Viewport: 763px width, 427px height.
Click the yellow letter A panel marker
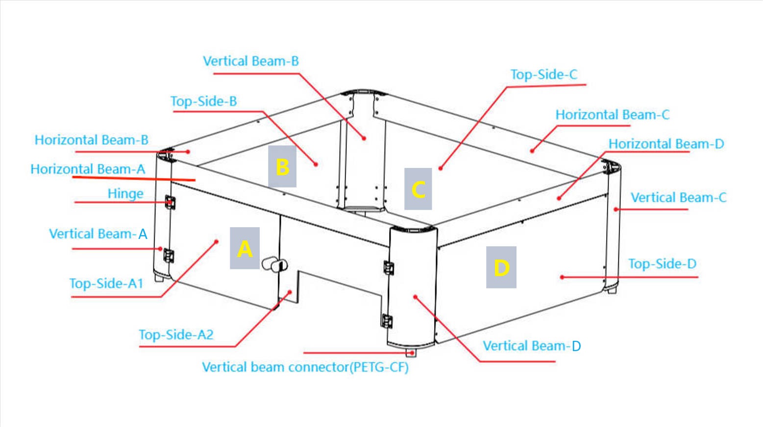245,248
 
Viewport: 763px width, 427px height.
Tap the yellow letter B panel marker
282,166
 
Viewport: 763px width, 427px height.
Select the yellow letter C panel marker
418,189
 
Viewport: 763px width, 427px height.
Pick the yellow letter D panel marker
501,267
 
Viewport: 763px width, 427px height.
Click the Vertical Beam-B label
250,61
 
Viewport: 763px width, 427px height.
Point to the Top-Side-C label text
543,74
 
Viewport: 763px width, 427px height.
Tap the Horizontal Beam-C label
612,115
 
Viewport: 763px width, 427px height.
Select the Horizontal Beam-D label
665,143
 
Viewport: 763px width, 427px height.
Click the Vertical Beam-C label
678,197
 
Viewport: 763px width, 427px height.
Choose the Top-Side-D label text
662,263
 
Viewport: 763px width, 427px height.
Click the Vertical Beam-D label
531,346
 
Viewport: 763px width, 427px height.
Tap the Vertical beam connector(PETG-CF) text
305,367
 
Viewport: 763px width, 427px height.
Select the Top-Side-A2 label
176,334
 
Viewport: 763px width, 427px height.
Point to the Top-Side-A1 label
106,283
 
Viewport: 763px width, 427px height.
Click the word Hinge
125,193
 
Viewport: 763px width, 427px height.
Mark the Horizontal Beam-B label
91,140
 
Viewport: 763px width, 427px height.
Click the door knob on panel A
274,264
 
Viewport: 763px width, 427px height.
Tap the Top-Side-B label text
203,101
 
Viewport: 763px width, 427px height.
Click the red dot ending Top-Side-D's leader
562,277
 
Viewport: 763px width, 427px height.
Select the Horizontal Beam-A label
88,169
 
